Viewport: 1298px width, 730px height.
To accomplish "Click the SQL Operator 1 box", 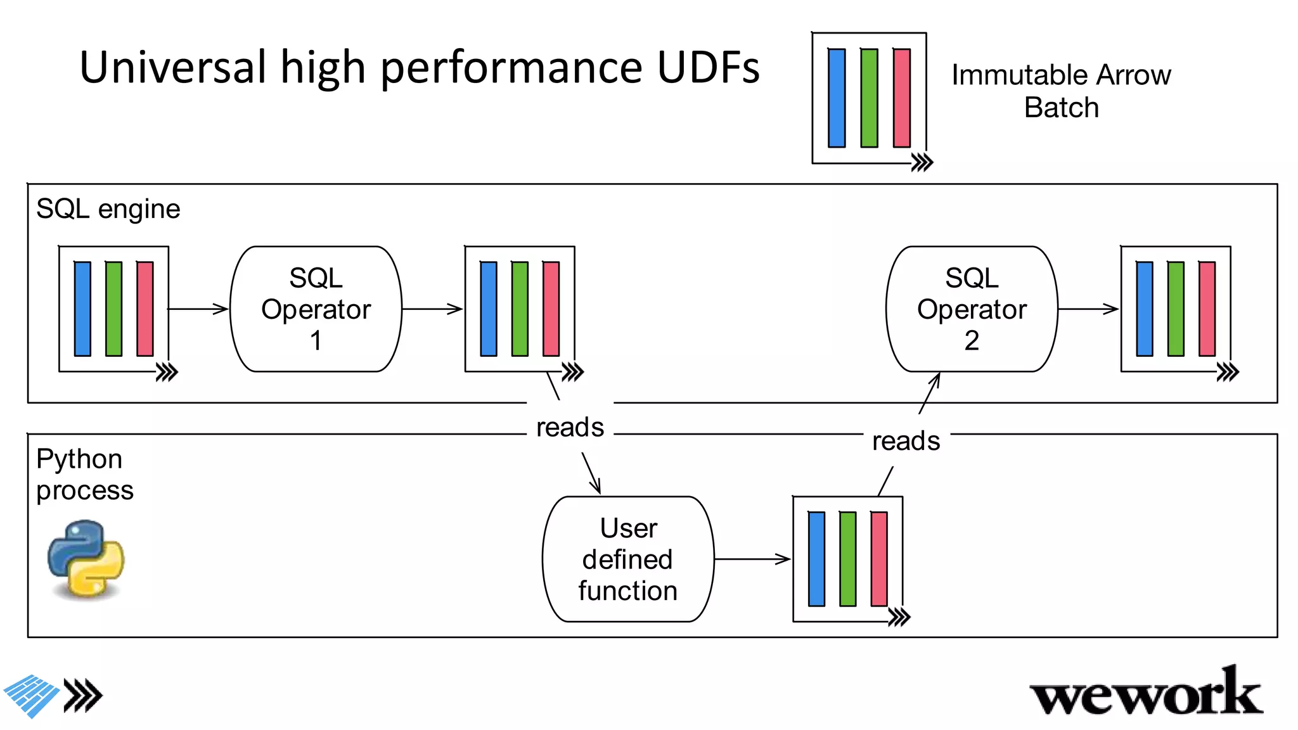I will [x=316, y=309].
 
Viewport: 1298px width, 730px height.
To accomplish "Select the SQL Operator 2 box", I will [x=972, y=309].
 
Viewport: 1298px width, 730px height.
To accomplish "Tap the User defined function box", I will [x=628, y=559].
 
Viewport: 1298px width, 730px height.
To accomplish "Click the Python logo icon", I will [x=86, y=559].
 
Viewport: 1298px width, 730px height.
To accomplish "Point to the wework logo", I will [x=1146, y=693].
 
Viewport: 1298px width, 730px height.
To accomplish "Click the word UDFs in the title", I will [x=709, y=67].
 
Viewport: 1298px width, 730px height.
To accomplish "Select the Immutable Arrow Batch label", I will [x=1061, y=91].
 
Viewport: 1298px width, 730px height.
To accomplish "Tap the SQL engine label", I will [x=108, y=208].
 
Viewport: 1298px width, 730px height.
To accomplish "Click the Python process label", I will [x=84, y=474].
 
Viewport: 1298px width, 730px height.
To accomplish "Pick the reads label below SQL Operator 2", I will [x=906, y=441].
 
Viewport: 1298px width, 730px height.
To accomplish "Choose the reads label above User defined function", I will [x=570, y=427].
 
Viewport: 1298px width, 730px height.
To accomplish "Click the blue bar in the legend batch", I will [x=837, y=98].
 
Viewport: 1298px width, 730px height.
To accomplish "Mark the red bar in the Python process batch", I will [x=879, y=559].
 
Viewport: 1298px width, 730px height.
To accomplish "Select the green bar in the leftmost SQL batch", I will [x=114, y=309].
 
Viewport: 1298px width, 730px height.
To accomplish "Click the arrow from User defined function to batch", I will [x=752, y=559].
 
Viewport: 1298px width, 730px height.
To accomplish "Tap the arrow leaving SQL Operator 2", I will [x=1088, y=309].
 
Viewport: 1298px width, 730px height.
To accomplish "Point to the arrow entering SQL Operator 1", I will [x=198, y=309].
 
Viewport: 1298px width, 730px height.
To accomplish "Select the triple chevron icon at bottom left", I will [x=83, y=696].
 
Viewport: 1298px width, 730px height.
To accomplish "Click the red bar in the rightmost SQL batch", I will [x=1207, y=309].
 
